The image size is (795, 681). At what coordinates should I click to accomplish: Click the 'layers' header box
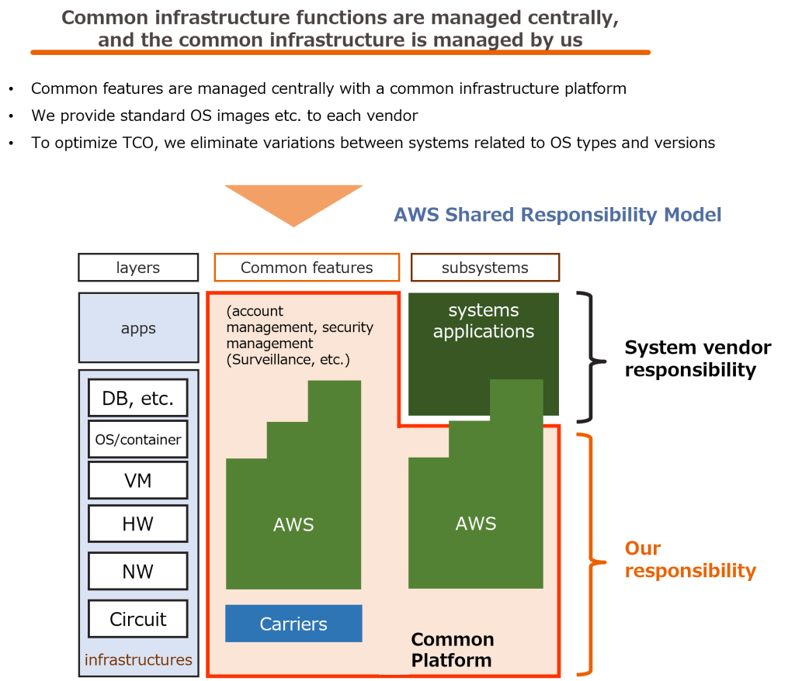click(x=138, y=268)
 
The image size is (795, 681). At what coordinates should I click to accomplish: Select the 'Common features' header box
click(x=307, y=268)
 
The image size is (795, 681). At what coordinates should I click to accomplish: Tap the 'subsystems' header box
click(x=484, y=268)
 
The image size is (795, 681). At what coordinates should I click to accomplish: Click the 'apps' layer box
click(x=138, y=328)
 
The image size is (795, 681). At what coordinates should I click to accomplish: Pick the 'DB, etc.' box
click(x=138, y=399)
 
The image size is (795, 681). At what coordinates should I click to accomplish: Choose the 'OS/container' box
click(x=138, y=439)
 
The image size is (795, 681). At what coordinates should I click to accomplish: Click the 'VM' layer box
click(x=138, y=481)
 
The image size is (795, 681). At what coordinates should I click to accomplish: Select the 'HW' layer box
click(x=138, y=524)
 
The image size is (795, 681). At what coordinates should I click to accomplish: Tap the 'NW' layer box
click(x=138, y=572)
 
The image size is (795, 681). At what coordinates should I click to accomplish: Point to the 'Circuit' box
click(x=138, y=619)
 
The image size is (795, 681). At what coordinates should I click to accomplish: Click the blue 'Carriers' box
click(x=293, y=624)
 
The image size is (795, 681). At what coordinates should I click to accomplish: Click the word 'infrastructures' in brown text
click(x=138, y=660)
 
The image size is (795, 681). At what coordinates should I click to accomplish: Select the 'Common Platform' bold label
click(x=452, y=650)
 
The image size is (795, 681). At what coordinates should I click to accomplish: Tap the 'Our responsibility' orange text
click(x=689, y=560)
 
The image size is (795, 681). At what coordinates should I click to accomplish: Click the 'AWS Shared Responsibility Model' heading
click(x=557, y=215)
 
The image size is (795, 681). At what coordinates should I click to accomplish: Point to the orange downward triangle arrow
click(x=293, y=202)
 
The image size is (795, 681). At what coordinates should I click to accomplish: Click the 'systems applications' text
click(x=484, y=321)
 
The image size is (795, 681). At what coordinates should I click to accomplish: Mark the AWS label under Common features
click(x=293, y=525)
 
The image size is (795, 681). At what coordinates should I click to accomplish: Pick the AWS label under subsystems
click(x=476, y=524)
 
